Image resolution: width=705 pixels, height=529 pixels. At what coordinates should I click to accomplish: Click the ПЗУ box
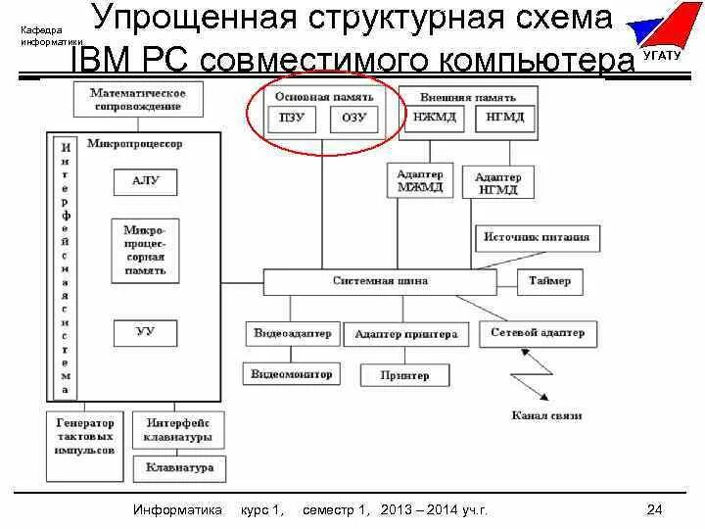(x=292, y=119)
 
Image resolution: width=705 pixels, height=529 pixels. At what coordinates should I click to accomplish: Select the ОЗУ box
(x=353, y=119)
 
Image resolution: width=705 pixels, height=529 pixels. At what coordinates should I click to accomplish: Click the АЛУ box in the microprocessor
(x=145, y=181)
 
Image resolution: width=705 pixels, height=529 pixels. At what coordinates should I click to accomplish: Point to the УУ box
(x=145, y=333)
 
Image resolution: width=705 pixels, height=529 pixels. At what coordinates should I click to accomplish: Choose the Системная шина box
(x=380, y=281)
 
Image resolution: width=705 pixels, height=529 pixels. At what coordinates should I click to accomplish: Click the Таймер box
(x=549, y=281)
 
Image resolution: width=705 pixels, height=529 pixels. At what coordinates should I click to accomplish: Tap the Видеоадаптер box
(x=293, y=333)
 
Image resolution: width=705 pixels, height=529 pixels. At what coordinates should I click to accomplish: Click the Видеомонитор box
(x=292, y=374)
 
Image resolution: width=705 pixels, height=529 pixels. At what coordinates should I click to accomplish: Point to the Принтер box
(x=405, y=375)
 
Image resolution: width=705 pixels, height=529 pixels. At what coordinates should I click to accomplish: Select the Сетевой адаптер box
(x=538, y=333)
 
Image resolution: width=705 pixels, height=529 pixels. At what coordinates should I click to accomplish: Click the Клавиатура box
(x=179, y=468)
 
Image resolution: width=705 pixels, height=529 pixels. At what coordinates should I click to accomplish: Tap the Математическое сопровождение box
(x=138, y=98)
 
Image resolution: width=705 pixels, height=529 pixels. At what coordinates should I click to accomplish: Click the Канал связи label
(x=546, y=415)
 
